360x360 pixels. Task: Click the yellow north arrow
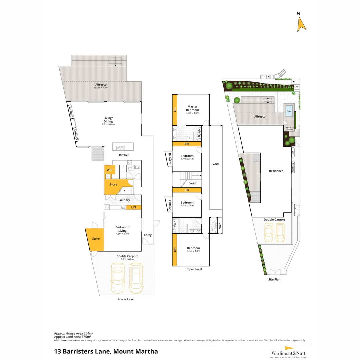pyautogui.click(x=302, y=24)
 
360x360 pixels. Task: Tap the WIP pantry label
pyautogui.click(x=109, y=170)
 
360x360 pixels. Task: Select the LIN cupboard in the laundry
pyautogui.click(x=133, y=207)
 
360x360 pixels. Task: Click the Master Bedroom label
pyautogui.click(x=192, y=108)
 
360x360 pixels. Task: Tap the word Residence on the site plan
pyautogui.click(x=276, y=171)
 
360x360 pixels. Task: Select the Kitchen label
pyautogui.click(x=124, y=155)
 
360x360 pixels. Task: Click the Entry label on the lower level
pyautogui.click(x=148, y=235)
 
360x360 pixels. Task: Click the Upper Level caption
pyautogui.click(x=194, y=269)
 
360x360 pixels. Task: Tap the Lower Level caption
pyautogui.click(x=126, y=299)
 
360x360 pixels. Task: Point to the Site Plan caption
pyautogui.click(x=274, y=279)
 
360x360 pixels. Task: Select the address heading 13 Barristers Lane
pyautogui.click(x=106, y=351)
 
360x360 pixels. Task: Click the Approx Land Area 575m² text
pyautogui.click(x=73, y=337)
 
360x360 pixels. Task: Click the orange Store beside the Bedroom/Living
pyautogui.click(x=96, y=239)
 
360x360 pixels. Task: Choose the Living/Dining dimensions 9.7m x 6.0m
pyautogui.click(x=108, y=124)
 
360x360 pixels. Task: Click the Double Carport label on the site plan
pyautogui.click(x=274, y=220)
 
